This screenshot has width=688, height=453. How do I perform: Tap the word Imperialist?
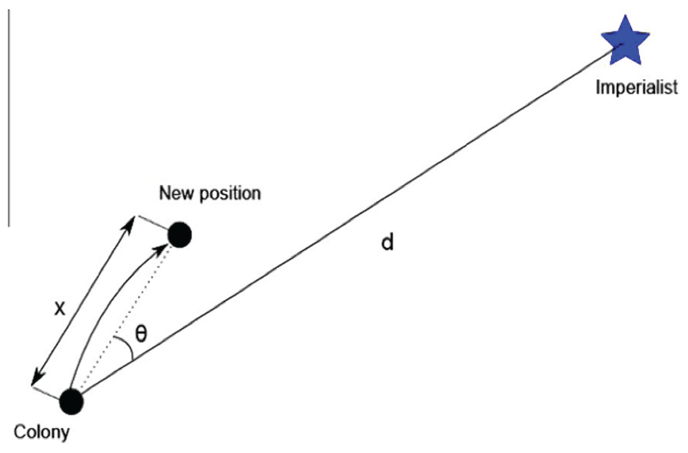click(636, 87)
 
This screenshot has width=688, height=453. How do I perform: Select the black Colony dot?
click(71, 402)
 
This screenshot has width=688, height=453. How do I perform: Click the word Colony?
click(41, 432)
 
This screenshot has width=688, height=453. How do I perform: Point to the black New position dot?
click(180, 235)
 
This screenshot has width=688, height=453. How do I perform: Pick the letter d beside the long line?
click(387, 242)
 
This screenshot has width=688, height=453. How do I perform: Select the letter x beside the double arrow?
click(60, 309)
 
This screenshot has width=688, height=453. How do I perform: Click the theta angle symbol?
click(141, 333)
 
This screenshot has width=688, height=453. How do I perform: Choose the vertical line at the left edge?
click(9, 118)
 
